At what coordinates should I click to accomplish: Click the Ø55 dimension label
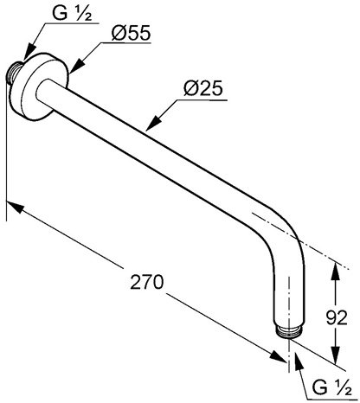coord(131,33)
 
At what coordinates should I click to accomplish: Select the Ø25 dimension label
coord(203,88)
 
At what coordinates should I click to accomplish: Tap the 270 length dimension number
coord(147,282)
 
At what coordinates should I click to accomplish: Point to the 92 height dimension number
coord(337,318)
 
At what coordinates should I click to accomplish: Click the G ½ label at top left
coord(72,13)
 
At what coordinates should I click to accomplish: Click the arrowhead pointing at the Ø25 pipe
coord(154,123)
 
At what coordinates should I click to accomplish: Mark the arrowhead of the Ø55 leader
coord(76,66)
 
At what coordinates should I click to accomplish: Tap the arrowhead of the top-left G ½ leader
coord(29,54)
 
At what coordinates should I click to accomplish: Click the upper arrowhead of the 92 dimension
coord(335,271)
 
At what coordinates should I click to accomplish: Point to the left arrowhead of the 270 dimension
coord(15,207)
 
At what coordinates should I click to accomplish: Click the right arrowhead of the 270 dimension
coord(278,355)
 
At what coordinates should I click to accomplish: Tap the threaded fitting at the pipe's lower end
coord(288,331)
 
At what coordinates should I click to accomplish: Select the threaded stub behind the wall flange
coord(15,73)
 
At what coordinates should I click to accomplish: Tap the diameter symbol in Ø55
coord(119,33)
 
